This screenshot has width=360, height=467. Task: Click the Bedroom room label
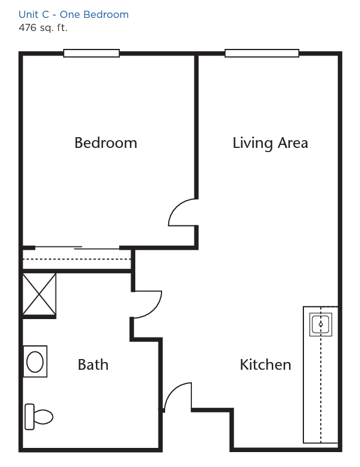105,143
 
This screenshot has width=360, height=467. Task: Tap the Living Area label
270,143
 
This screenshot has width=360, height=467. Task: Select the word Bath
93,364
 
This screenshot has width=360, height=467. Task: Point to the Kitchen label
265,364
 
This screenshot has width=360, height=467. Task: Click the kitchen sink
321,324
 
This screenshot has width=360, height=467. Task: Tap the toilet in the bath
39,417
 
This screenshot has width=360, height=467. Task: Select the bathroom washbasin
35,361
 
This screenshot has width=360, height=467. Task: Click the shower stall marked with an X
39,294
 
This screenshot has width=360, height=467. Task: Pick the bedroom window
91,53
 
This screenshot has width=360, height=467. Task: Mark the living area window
262,53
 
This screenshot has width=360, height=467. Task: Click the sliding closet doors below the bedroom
77,248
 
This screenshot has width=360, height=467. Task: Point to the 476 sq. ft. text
43,27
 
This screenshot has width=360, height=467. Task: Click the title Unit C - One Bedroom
73,14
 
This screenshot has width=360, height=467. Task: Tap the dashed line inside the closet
77,259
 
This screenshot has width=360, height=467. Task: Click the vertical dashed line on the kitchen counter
321,375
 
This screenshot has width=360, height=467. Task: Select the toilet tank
29,417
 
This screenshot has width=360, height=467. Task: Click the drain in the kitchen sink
321,324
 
